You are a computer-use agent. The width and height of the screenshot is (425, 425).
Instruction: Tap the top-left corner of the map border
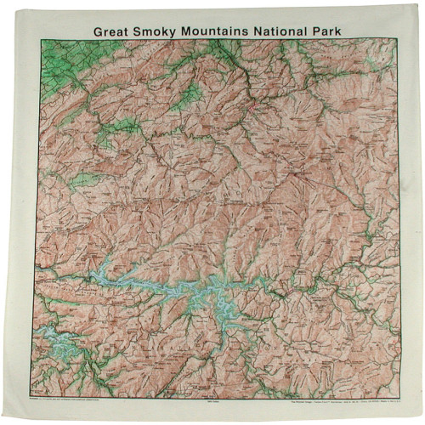pyautogui.click(x=37, y=39)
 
